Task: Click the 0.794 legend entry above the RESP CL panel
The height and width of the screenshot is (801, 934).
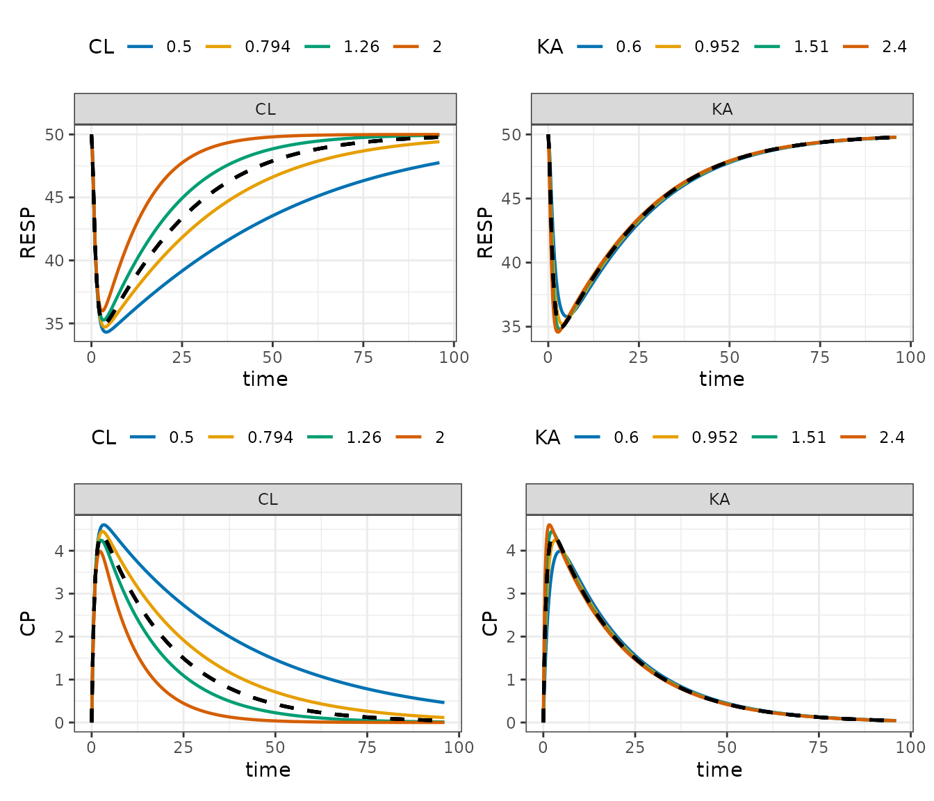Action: [267, 47]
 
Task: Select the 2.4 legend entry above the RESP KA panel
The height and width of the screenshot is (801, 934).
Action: [894, 47]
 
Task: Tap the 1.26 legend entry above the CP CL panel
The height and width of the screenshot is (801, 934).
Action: [363, 437]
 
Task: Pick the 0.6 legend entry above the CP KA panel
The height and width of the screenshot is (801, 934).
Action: [626, 437]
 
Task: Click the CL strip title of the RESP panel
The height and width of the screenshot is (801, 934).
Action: [265, 109]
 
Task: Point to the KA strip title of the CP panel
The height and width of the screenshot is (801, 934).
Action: [719, 499]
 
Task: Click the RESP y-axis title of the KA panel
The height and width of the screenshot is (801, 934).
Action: [485, 233]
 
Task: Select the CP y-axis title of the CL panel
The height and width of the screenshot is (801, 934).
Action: [28, 624]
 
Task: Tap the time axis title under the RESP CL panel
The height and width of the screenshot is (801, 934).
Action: [265, 379]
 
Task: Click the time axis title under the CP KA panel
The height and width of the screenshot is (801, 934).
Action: [719, 770]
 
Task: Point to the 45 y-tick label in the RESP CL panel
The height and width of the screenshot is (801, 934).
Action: [54, 197]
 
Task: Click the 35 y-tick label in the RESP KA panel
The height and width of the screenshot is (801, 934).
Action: [511, 326]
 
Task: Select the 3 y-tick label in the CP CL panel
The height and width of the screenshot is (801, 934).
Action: [59, 594]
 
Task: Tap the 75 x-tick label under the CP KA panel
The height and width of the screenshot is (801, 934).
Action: [819, 747]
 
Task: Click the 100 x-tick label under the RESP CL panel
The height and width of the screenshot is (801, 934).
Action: [454, 357]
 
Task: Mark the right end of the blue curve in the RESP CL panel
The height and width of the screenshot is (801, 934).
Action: [439, 163]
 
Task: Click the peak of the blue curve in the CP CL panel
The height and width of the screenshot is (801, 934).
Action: [104, 525]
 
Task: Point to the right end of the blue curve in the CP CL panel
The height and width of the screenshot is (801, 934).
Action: [444, 702]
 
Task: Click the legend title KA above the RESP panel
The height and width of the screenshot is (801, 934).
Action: [550, 47]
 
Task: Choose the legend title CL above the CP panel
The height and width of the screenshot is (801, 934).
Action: [104, 437]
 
